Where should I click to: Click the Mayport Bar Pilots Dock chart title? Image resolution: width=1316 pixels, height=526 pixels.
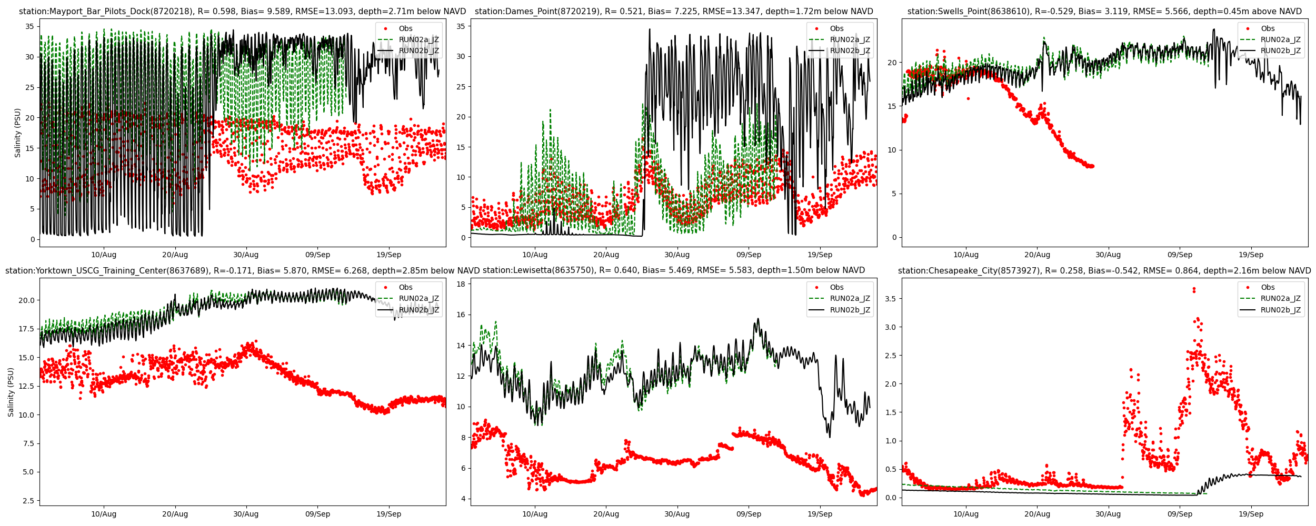[x=242, y=12]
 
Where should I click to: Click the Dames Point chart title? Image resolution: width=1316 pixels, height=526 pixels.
[x=674, y=12]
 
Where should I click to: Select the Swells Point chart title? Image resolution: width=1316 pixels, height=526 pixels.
[x=1104, y=12]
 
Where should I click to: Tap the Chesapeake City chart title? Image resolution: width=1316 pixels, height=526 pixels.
[x=1104, y=271]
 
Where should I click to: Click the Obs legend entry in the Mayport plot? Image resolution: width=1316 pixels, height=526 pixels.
[x=405, y=28]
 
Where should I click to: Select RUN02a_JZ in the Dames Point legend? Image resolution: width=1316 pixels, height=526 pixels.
[x=850, y=39]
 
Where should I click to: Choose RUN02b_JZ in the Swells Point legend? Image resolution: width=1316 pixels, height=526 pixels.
[x=1280, y=51]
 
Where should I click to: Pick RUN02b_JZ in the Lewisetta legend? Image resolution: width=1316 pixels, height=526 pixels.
[x=850, y=310]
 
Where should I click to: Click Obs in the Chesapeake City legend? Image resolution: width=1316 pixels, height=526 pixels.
[x=1268, y=287]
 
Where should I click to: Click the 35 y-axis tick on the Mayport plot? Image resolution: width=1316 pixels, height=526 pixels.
[x=29, y=26]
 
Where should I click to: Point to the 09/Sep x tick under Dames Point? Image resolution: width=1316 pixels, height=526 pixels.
[x=748, y=255]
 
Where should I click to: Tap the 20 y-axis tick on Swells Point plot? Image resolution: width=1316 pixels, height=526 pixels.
[x=892, y=63]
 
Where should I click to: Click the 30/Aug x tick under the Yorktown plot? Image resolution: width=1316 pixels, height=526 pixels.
[x=246, y=514]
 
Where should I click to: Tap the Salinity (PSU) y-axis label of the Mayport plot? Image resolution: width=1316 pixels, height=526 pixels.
[x=18, y=133]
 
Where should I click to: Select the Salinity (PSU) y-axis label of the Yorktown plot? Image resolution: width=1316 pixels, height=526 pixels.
[x=11, y=392]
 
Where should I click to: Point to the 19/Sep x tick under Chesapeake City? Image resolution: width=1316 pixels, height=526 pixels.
[x=1251, y=514]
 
